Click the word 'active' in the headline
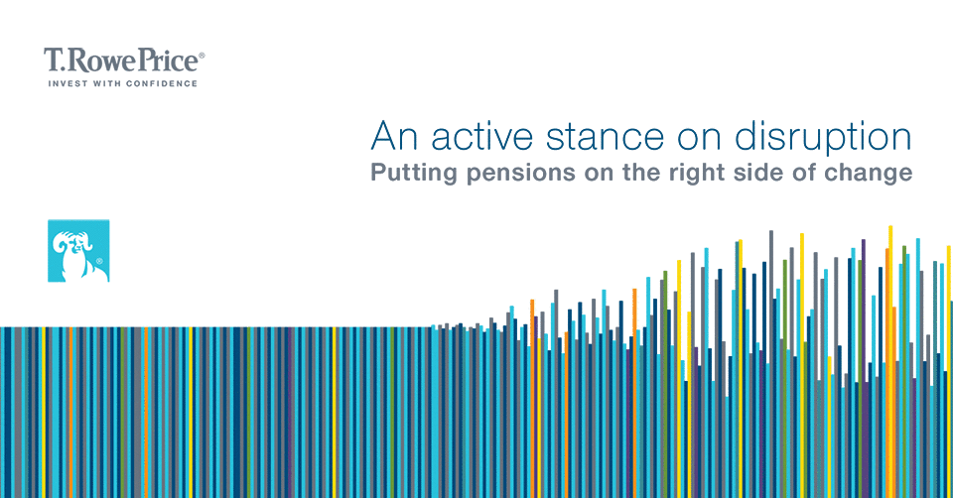pyautogui.click(x=482, y=136)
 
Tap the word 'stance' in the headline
pyautogui.click(x=605, y=137)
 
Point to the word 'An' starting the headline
pyautogui.click(x=394, y=136)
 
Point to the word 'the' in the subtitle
pyautogui.click(x=642, y=172)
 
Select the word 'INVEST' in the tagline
pyautogui.click(x=68, y=83)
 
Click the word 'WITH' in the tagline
pyautogui.click(x=107, y=83)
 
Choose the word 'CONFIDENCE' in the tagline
pyautogui.click(x=162, y=83)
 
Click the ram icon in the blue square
pyautogui.click(x=78, y=251)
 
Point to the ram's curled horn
pyautogui.click(x=64, y=243)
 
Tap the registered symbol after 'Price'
pyautogui.click(x=202, y=56)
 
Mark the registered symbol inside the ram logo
pyautogui.click(x=99, y=261)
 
